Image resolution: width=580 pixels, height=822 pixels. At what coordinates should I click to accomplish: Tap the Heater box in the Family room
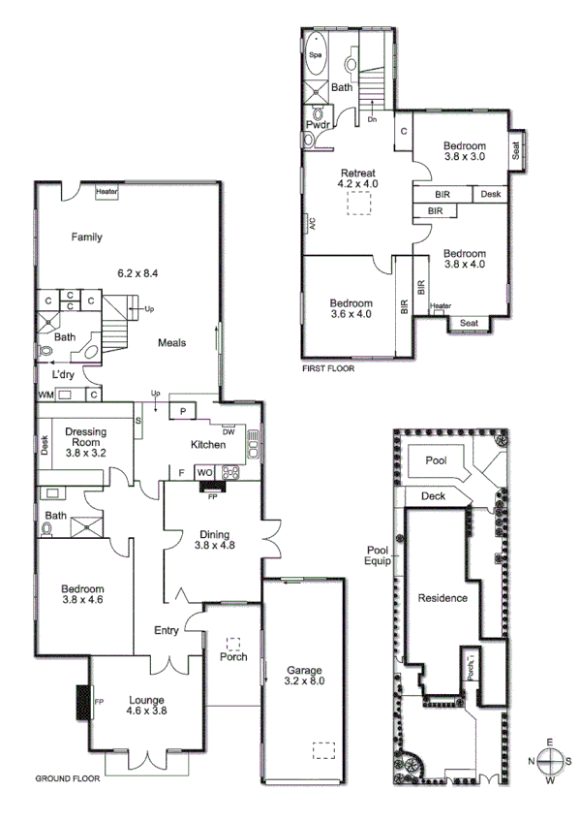pos(107,192)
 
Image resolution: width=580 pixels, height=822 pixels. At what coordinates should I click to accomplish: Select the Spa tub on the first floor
pos(316,55)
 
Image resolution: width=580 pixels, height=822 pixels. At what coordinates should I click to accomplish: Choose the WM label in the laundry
pos(45,395)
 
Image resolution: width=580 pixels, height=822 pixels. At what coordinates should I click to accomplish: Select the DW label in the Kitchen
pos(229,432)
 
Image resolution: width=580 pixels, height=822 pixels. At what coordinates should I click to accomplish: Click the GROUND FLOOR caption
pos(64,778)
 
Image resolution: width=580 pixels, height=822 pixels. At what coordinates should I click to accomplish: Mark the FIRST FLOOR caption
pos(329,369)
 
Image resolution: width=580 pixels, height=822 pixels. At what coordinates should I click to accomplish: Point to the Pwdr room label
pos(319,126)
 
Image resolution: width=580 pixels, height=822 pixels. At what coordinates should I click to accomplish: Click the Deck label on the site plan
pos(434,497)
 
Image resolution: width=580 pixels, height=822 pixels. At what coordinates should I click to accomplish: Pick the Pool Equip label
pos(378,554)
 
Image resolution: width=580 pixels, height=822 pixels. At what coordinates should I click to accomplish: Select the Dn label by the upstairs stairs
pos(372,119)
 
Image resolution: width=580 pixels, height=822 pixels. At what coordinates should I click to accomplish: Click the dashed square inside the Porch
pos(232,643)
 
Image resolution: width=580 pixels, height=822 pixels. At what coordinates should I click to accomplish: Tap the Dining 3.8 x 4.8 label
pos(215,539)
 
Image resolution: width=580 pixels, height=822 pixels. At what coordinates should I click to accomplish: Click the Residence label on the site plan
pos(443,598)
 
